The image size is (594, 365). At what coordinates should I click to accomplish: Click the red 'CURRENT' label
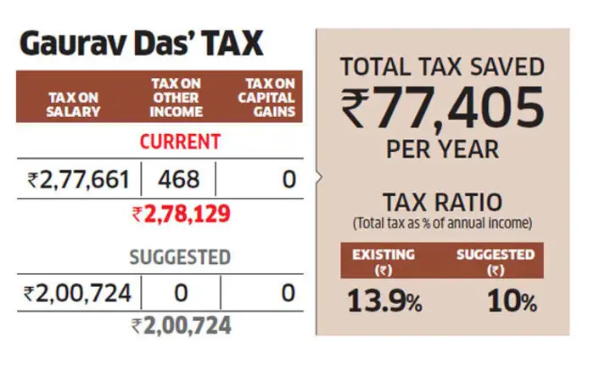point(180,141)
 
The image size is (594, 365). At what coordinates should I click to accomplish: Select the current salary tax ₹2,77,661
point(78,179)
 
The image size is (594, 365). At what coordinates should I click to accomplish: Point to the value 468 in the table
point(177,179)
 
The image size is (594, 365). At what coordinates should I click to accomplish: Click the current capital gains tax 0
point(288,179)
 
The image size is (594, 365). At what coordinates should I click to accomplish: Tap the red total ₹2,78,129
point(181,215)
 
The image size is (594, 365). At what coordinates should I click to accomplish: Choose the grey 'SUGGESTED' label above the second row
point(180,255)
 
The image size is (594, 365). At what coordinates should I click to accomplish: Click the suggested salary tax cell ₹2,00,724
point(78,294)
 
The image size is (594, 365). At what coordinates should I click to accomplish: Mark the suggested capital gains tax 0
point(288,294)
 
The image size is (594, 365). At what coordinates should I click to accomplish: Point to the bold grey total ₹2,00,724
point(181,325)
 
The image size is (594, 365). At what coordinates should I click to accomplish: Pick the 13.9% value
point(384,302)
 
